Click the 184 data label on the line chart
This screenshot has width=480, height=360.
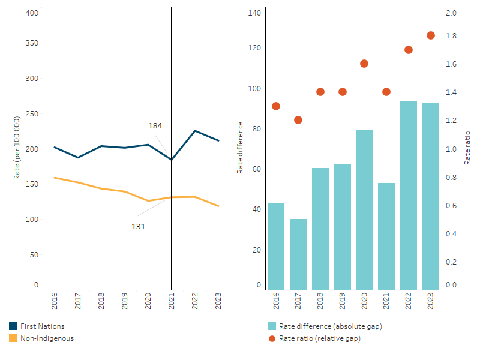pyautogui.click(x=155, y=126)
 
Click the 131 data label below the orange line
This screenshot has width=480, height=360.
pyautogui.click(x=139, y=227)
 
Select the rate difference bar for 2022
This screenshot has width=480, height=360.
pyautogui.click(x=409, y=195)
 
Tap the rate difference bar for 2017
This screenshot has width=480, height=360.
pyautogui.click(x=298, y=254)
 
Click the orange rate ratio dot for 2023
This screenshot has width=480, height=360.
pyautogui.click(x=431, y=35)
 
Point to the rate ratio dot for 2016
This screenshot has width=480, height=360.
pyautogui.click(x=276, y=106)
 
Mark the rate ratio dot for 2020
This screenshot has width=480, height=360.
pyautogui.click(x=364, y=64)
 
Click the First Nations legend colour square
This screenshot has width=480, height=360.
pyautogui.click(x=13, y=326)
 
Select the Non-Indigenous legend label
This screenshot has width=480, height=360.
pyautogui.click(x=47, y=338)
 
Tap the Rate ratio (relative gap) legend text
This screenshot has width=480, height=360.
pyautogui.click(x=320, y=338)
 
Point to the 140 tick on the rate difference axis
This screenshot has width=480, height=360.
pyautogui.click(x=254, y=13)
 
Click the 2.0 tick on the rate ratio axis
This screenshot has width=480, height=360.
pyautogui.click(x=451, y=13)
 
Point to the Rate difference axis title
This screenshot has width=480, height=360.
pyautogui.click(x=240, y=148)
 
